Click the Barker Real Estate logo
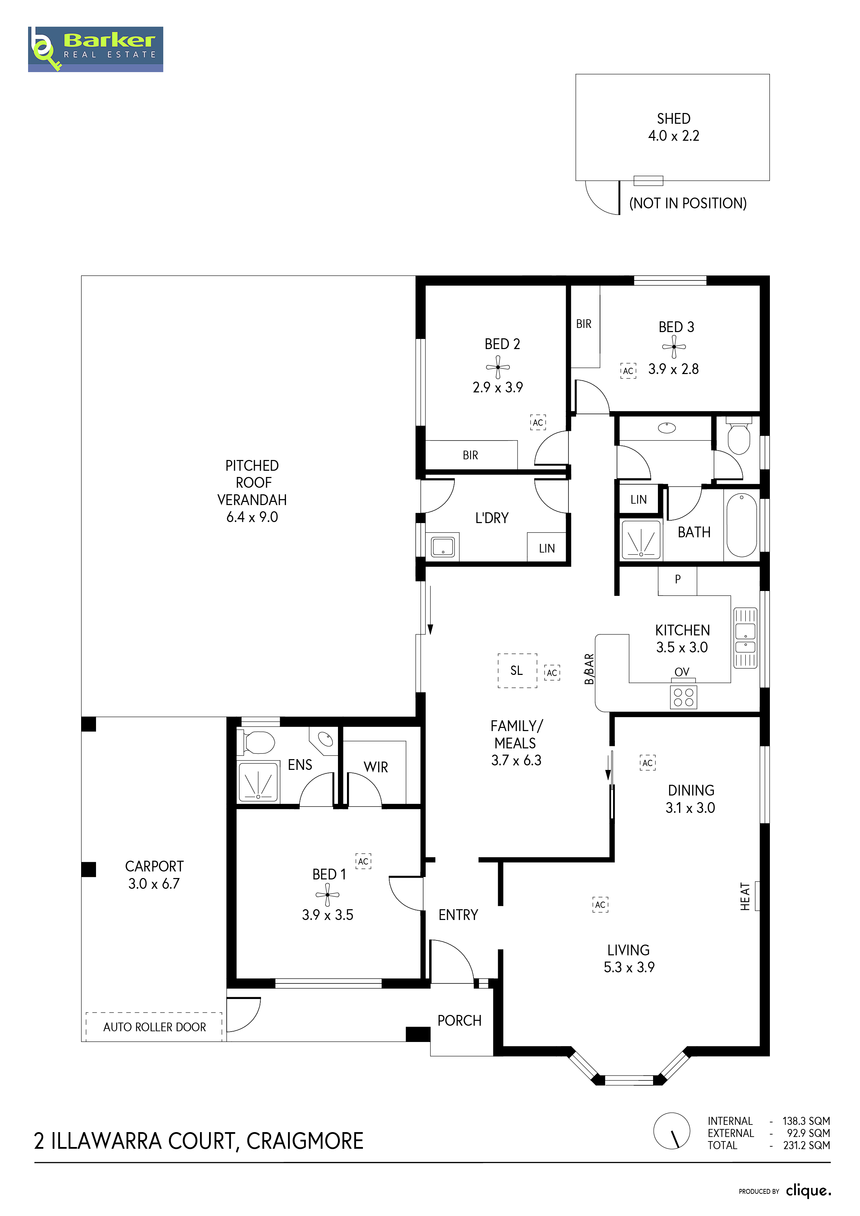pyautogui.click(x=95, y=49)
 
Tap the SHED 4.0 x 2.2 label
pyautogui.click(x=674, y=127)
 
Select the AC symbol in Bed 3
pyautogui.click(x=628, y=371)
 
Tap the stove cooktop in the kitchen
pyautogui.click(x=683, y=697)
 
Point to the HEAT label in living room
pyautogui.click(x=745, y=896)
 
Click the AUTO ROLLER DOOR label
pyautogui.click(x=154, y=1027)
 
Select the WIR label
pyautogui.click(x=375, y=767)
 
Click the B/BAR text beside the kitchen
pyautogui.click(x=589, y=669)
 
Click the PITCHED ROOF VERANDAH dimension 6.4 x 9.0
pyautogui.click(x=252, y=517)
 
